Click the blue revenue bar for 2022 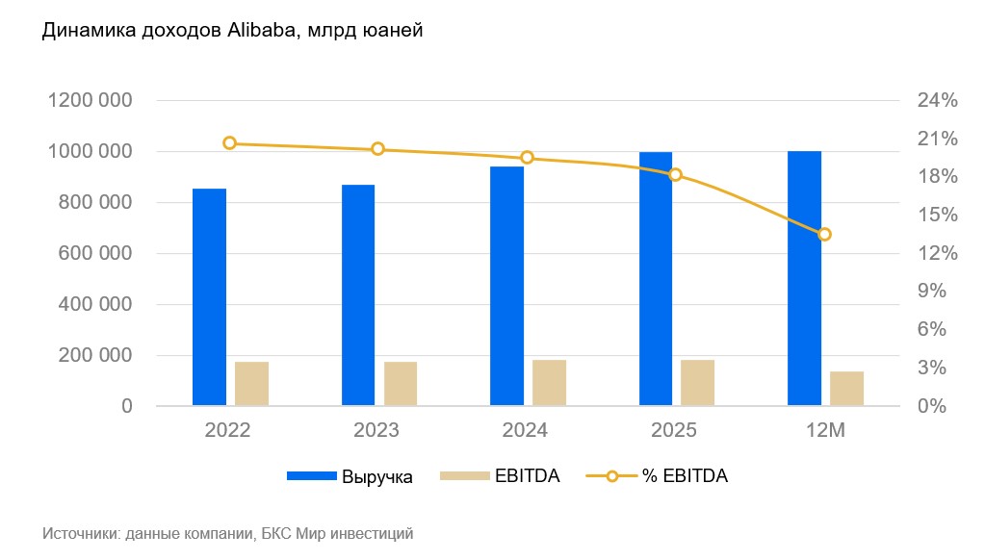pyautogui.click(x=209, y=297)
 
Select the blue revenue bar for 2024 pyautogui.click(x=506, y=286)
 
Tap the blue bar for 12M pyautogui.click(x=804, y=278)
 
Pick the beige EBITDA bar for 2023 pyautogui.click(x=401, y=384)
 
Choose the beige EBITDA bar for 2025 pyautogui.click(x=697, y=383)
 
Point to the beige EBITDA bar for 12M pyautogui.click(x=846, y=389)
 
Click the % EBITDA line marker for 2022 pyautogui.click(x=229, y=143)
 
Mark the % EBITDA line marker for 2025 pyautogui.click(x=676, y=174)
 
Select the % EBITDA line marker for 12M pyautogui.click(x=824, y=234)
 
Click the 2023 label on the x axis pyautogui.click(x=376, y=430)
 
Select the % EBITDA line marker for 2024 pyautogui.click(x=527, y=158)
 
